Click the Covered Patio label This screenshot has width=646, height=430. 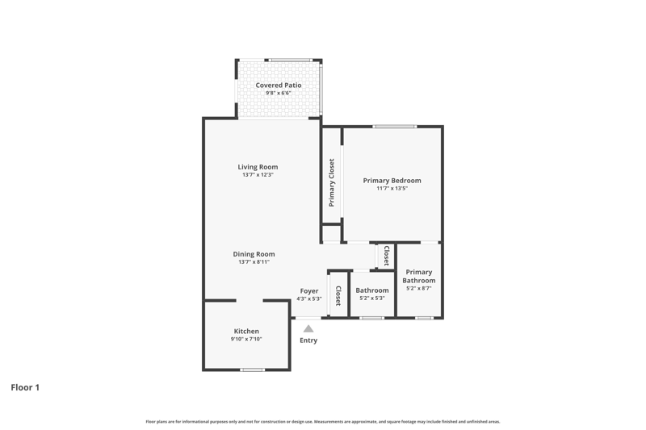[279, 86]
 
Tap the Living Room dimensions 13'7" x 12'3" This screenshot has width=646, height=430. [258, 174]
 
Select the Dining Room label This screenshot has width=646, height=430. [254, 254]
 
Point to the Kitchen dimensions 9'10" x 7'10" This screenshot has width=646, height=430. [246, 339]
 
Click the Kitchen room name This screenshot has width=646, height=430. [246, 332]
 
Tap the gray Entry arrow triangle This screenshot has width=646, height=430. [308, 328]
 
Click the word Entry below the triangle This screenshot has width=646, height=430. [308, 340]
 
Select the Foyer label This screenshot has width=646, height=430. [309, 291]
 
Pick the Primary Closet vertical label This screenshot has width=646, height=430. [332, 182]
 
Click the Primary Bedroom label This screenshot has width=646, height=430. [392, 180]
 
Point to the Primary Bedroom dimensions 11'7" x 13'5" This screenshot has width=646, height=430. [392, 189]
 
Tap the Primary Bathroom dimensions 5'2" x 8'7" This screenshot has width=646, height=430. [418, 288]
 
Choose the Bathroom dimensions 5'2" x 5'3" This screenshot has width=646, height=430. [372, 298]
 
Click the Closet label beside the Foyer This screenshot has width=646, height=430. [338, 296]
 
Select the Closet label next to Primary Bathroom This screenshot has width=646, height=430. [387, 256]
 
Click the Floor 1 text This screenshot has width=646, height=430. [25, 387]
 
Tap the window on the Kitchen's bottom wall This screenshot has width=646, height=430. [252, 369]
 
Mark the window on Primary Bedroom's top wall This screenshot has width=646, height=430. [395, 127]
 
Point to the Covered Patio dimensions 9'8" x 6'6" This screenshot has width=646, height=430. [279, 93]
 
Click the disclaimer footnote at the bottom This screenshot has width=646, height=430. [322, 421]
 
